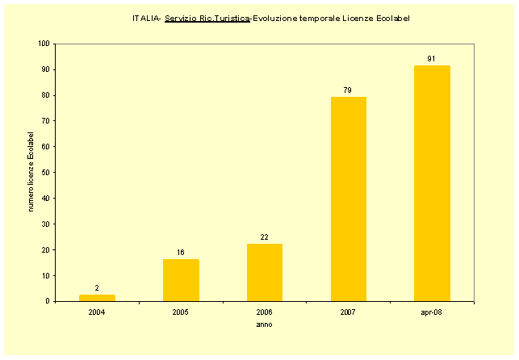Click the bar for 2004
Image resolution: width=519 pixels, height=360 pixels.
(x=97, y=298)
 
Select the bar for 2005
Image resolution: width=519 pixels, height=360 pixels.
(x=181, y=280)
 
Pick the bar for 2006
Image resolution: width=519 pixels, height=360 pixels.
(x=265, y=273)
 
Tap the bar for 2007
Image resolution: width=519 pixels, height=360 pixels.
(x=349, y=199)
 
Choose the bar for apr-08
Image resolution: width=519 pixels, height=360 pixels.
(x=433, y=183)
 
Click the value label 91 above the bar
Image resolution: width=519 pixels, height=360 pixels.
(x=433, y=59)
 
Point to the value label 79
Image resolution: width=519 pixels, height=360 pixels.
(x=349, y=90)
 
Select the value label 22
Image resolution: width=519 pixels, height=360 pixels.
(x=265, y=237)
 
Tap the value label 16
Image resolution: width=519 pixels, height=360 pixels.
(x=181, y=253)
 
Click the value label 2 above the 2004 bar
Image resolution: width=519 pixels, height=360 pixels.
(x=97, y=288)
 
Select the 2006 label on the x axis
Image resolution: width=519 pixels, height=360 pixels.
(x=265, y=312)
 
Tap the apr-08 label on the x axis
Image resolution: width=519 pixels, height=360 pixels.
(x=433, y=312)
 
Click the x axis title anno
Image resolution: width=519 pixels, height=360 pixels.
(x=264, y=324)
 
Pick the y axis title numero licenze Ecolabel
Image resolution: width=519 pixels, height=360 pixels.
(x=31, y=172)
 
